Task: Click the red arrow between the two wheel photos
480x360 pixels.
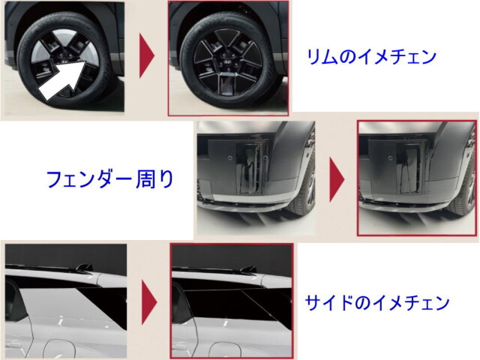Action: [x=147, y=55]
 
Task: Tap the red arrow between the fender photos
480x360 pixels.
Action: [x=337, y=180]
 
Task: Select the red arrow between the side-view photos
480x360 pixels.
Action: [x=149, y=302]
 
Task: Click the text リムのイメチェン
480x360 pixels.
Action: [x=371, y=57]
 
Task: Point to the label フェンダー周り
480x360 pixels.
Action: [x=110, y=179]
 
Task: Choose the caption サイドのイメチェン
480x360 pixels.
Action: [x=377, y=302]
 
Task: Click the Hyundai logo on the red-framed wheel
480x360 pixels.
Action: [x=227, y=61]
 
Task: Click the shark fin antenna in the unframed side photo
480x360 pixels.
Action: [x=84, y=267]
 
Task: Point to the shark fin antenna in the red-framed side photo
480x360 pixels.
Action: [x=248, y=268]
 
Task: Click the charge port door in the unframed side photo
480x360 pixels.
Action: [x=59, y=349]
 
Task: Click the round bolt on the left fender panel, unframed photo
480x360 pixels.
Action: [x=229, y=158]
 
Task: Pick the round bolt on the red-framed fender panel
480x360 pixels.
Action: [x=391, y=158]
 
